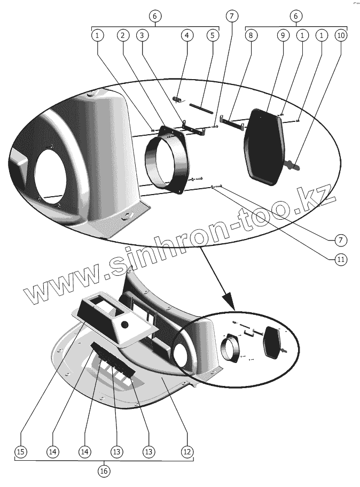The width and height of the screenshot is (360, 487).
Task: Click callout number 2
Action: coord(123,35)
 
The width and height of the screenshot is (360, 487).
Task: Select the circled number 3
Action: coord(142,35)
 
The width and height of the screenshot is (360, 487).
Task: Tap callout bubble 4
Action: coord(186,35)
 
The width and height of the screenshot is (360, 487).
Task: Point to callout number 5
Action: coord(212,35)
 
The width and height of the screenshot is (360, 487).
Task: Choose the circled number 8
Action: coord(251,35)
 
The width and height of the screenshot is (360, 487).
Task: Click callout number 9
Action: coord(283,35)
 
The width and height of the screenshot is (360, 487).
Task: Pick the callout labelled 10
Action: coord(340,35)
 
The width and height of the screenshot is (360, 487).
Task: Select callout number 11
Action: coord(340,259)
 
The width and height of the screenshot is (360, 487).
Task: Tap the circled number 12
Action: coord(186,452)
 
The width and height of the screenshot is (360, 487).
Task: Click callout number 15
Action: coord(20,452)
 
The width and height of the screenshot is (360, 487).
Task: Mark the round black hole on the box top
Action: coord(125,324)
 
